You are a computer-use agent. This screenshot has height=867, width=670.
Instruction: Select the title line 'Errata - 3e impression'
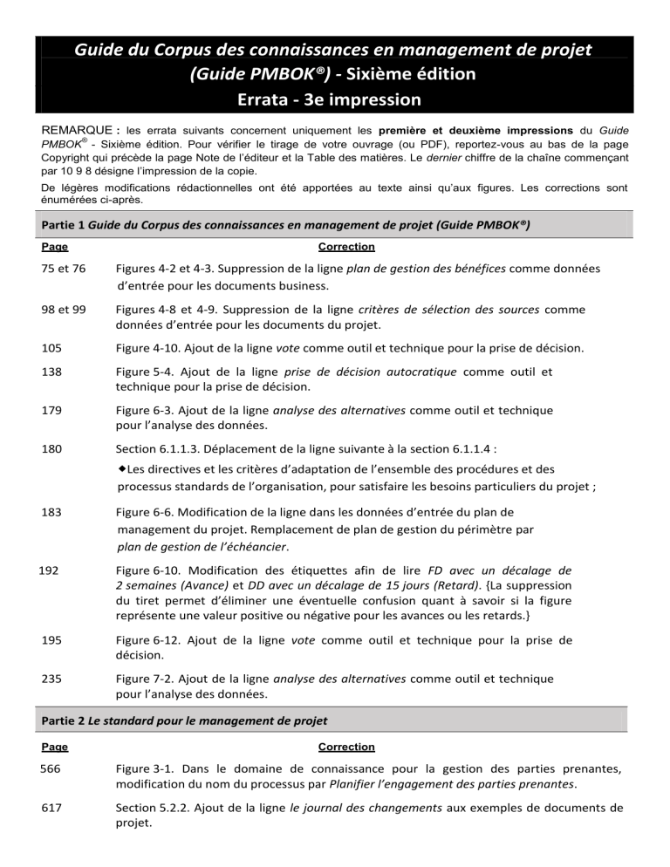(334, 100)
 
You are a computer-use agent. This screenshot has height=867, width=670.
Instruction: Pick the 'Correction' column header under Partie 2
(346, 748)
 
